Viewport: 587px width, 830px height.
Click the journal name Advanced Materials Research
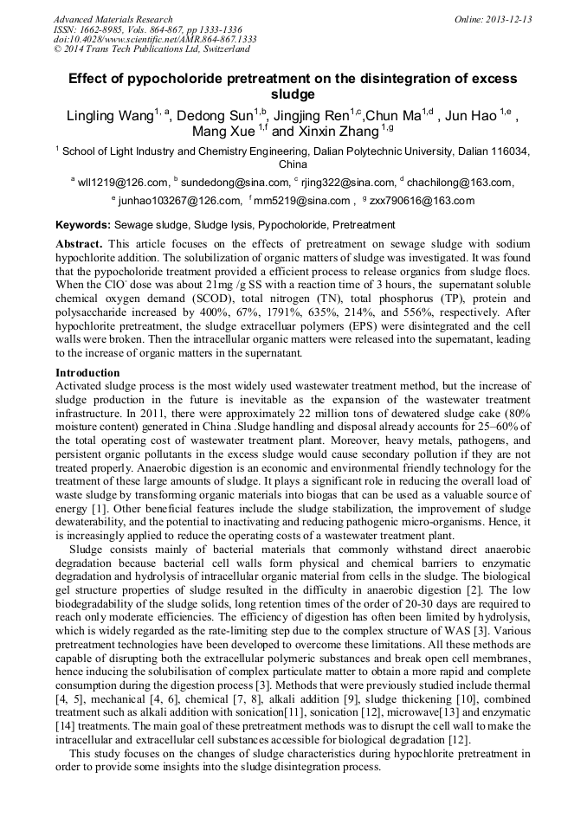point(113,19)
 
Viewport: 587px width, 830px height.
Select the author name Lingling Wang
point(110,116)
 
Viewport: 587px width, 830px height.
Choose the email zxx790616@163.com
point(424,202)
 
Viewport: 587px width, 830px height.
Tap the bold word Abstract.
point(80,245)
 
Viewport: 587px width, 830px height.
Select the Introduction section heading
point(87,373)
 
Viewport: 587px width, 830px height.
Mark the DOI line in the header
point(154,40)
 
